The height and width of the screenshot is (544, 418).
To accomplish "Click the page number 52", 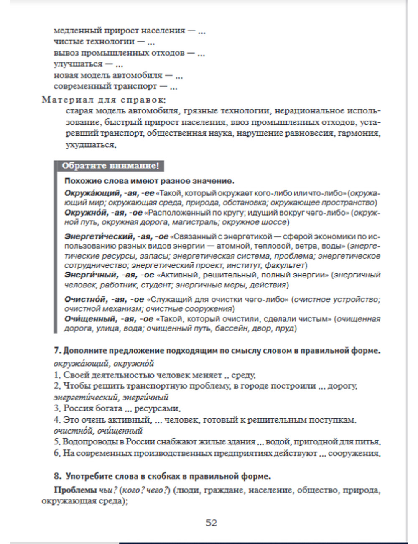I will click(x=211, y=523).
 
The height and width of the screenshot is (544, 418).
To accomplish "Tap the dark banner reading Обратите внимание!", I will click(x=110, y=166).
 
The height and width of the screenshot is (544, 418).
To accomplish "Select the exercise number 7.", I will click(x=57, y=351).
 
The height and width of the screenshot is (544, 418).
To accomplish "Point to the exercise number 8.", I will click(x=58, y=476).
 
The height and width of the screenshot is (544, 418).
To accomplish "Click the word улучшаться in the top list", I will click(x=78, y=64).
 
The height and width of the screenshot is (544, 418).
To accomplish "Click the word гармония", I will click(x=360, y=133).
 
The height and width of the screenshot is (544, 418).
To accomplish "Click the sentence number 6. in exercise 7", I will click(x=57, y=453).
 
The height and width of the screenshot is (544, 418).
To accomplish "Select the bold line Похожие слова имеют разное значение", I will click(x=149, y=181).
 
